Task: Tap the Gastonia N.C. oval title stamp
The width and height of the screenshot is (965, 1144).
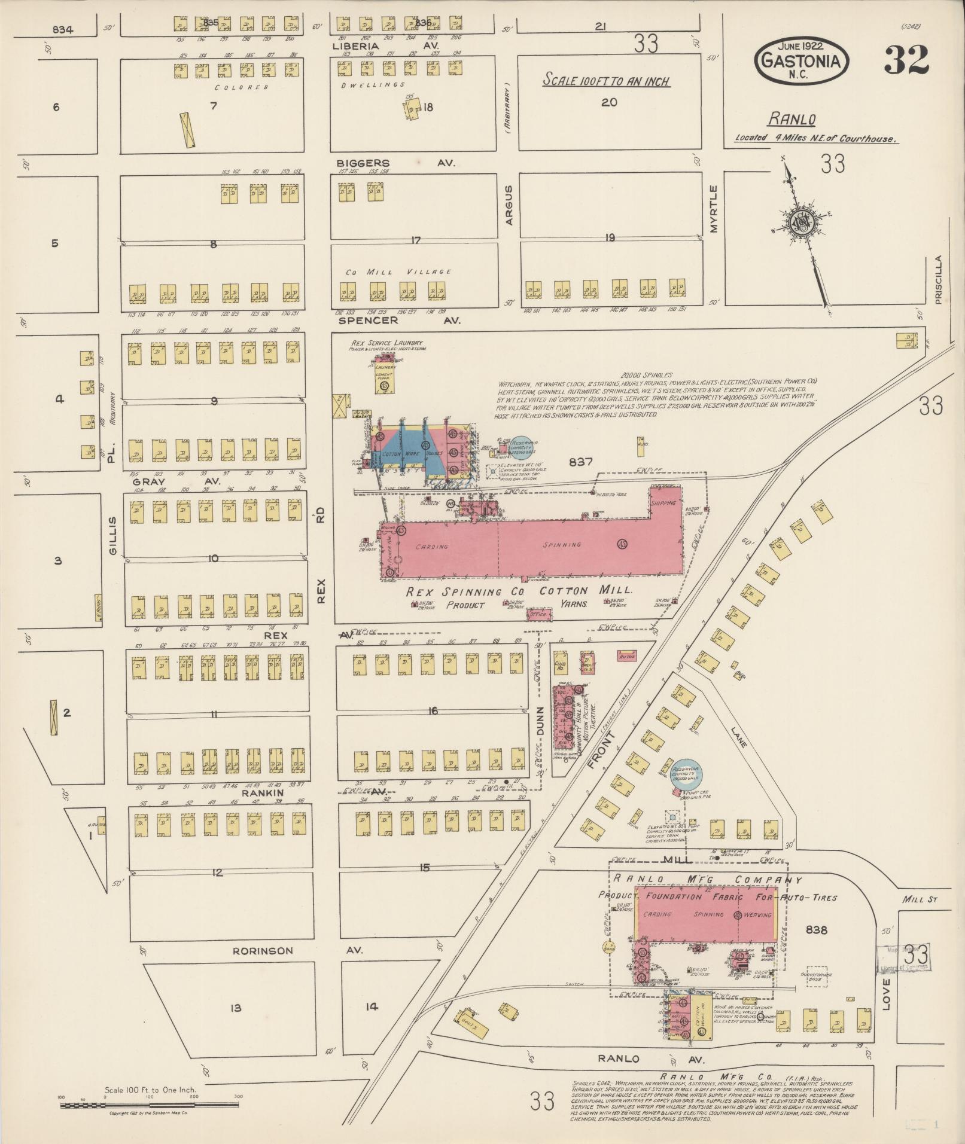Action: (802, 60)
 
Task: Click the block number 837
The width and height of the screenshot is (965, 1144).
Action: (580, 461)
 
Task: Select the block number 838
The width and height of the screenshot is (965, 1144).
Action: (816, 930)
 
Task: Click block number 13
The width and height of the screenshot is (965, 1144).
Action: (235, 1008)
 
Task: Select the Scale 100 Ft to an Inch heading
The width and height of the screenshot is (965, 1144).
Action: (605, 81)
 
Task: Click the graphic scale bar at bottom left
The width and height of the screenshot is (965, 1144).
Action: (150, 1105)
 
